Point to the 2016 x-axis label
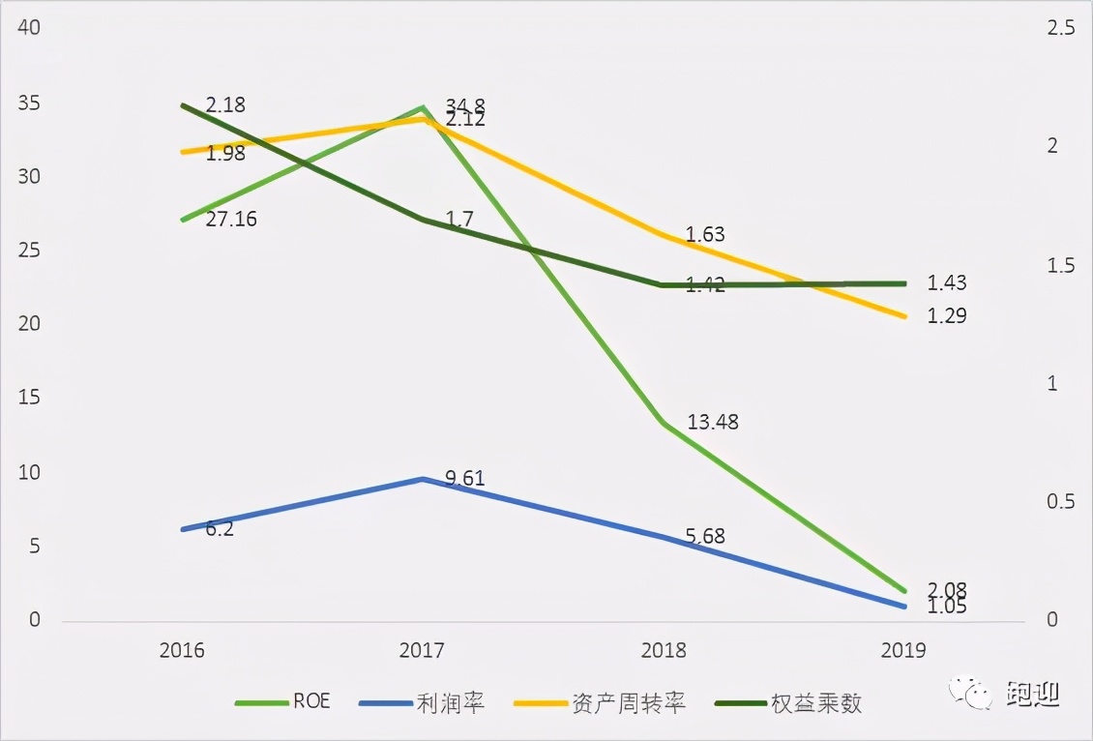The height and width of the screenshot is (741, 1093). click(x=182, y=650)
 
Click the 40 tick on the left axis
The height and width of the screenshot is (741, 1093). click(x=29, y=28)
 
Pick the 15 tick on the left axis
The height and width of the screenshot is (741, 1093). click(x=29, y=399)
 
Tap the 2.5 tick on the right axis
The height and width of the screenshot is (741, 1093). click(x=1061, y=28)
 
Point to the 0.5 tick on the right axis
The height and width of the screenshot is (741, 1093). click(x=1061, y=502)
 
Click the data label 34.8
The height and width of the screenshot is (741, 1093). click(x=466, y=104)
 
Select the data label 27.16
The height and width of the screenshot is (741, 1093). click(x=231, y=220)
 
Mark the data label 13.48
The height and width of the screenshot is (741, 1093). click(x=713, y=422)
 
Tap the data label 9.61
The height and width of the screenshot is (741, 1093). click(x=465, y=478)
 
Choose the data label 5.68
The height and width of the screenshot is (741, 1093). click(x=705, y=537)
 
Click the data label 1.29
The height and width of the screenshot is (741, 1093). click(x=947, y=316)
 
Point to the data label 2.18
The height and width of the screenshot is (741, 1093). click(x=225, y=104)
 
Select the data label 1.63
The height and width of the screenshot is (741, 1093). click(x=705, y=234)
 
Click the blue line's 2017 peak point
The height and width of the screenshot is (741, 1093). click(x=423, y=479)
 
